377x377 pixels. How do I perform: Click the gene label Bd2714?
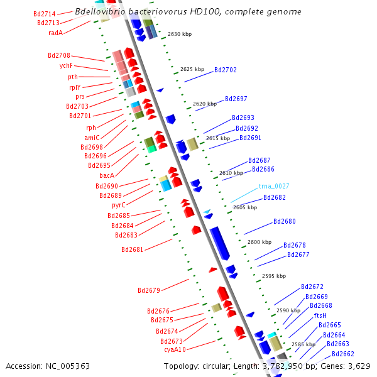[44, 14]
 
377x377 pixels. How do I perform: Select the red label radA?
[55, 33]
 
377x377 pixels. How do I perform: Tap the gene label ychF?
[67, 65]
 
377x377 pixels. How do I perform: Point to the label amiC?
[92, 138]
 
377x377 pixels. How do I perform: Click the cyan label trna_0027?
[274, 187]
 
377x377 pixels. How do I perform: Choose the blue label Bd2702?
[226, 70]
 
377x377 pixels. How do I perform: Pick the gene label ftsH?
[320, 315]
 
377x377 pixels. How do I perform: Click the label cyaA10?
[175, 349]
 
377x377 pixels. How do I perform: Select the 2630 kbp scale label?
[180, 34]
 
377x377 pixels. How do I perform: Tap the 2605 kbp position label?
[245, 207]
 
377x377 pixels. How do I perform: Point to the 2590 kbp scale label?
[288, 310]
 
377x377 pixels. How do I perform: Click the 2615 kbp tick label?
[218, 138]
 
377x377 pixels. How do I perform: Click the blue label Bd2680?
[284, 222]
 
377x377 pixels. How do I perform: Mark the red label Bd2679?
[149, 290]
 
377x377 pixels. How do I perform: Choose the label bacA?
[107, 175]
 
